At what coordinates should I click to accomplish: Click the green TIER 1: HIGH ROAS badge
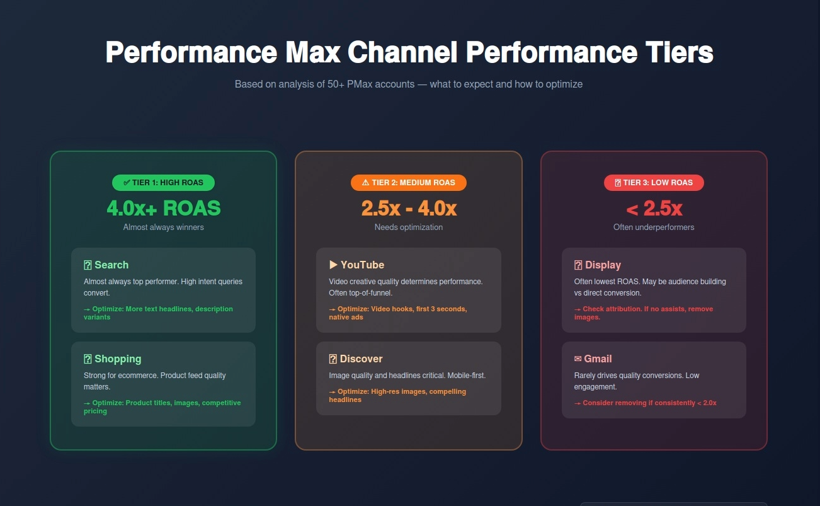tap(163, 183)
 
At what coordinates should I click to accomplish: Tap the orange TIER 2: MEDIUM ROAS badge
tap(408, 183)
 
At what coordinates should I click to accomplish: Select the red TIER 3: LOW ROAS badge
tap(654, 183)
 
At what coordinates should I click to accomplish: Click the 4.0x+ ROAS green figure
tap(164, 208)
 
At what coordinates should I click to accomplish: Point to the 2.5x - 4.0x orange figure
tap(409, 208)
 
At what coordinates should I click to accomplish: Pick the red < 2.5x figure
tap(654, 208)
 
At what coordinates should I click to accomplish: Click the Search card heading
tap(111, 265)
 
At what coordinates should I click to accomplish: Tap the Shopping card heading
tap(118, 359)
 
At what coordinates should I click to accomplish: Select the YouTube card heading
tap(362, 265)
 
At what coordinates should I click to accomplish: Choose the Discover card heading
tap(361, 359)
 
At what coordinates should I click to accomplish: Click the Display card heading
tap(603, 265)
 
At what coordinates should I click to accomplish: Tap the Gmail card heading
tap(598, 359)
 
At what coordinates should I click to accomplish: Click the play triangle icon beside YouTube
tap(333, 265)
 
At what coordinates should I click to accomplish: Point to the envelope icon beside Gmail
tap(578, 359)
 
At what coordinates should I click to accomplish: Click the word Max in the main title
tap(312, 52)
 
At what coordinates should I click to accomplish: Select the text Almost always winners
tap(163, 227)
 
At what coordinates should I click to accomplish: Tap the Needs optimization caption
tap(409, 227)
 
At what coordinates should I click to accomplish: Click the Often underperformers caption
tap(654, 227)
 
